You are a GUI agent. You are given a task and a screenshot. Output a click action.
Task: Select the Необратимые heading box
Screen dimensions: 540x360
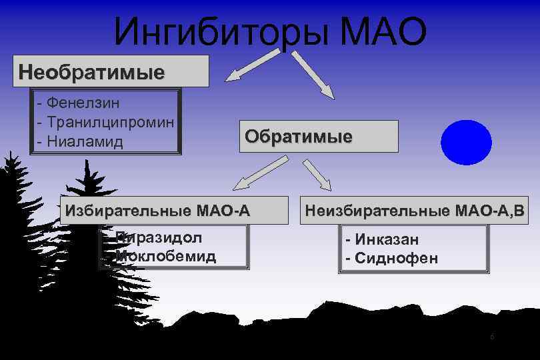click(111, 71)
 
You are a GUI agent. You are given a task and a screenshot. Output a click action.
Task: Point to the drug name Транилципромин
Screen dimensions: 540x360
click(111, 123)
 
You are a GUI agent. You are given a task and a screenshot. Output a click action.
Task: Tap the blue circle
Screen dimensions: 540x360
click(466, 142)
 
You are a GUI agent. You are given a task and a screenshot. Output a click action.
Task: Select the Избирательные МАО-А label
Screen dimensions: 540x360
click(157, 212)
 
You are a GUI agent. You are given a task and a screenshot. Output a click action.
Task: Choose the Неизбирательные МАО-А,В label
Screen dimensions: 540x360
click(415, 212)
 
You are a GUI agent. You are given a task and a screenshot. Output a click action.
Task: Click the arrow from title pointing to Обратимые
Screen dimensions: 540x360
click(314, 75)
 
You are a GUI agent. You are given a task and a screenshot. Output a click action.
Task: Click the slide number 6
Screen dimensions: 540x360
click(492, 337)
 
